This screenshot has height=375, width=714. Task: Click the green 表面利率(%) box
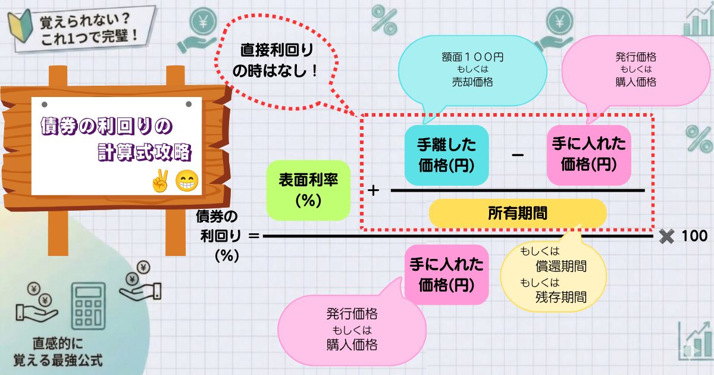(308, 190)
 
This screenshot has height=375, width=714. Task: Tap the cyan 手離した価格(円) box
(446, 155)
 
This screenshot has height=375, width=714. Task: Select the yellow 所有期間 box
(518, 213)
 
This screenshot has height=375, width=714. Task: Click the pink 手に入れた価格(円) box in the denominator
(446, 274)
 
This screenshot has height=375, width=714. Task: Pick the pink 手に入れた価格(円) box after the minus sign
(588, 155)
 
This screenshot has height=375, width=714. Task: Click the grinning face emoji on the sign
(187, 180)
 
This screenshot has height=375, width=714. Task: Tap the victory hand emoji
(160, 180)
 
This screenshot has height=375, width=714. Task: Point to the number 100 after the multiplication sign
(694, 236)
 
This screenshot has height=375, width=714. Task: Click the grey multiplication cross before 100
(666, 236)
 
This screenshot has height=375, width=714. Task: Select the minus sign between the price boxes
(518, 155)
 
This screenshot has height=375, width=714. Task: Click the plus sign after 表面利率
(373, 190)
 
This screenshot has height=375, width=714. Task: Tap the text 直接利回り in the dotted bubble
(277, 51)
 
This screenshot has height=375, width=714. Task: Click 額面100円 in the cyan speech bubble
(472, 57)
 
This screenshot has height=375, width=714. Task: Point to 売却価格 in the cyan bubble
(472, 82)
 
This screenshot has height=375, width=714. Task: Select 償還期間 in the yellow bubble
(561, 266)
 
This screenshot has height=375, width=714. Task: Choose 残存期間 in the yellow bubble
(561, 297)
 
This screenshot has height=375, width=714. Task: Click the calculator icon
(88, 306)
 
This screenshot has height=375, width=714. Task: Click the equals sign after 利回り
(253, 236)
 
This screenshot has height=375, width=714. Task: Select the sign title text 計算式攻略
(145, 152)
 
